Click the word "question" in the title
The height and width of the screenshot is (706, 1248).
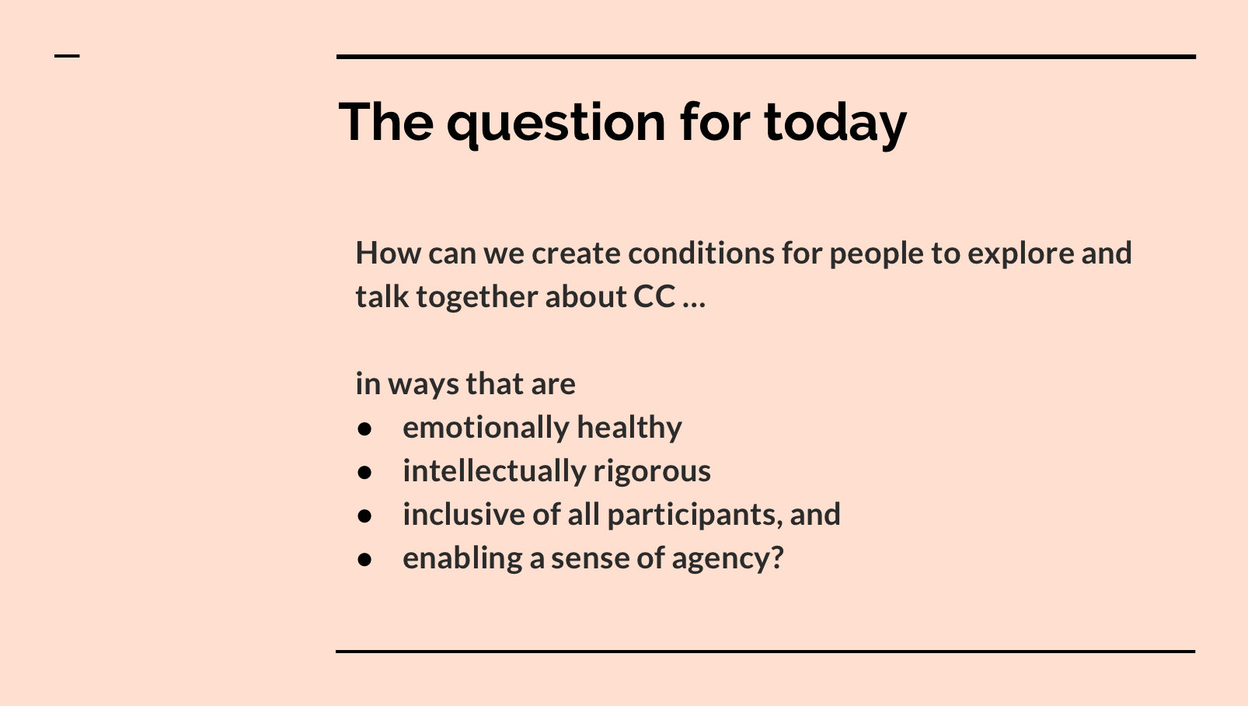pyautogui.click(x=556, y=125)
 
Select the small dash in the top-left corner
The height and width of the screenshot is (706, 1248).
pyautogui.click(x=67, y=56)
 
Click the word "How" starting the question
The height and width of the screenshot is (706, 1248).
pyautogui.click(x=389, y=253)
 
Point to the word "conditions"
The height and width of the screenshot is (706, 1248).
pyautogui.click(x=701, y=253)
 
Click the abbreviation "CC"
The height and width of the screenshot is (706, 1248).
pyautogui.click(x=654, y=297)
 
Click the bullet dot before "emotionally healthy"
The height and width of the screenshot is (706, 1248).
pyautogui.click(x=364, y=429)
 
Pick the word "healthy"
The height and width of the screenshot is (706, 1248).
pyautogui.click(x=629, y=428)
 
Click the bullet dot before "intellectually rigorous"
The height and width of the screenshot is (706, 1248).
pyautogui.click(x=364, y=472)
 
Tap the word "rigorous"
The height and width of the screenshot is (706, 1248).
pyautogui.click(x=652, y=472)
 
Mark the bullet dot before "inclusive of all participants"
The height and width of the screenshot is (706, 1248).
pyautogui.click(x=364, y=516)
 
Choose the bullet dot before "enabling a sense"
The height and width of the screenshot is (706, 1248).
pyautogui.click(x=364, y=559)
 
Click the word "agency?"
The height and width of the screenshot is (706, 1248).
pyautogui.click(x=727, y=559)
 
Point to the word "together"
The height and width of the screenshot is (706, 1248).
pyautogui.click(x=476, y=298)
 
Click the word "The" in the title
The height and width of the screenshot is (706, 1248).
pyautogui.click(x=385, y=123)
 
